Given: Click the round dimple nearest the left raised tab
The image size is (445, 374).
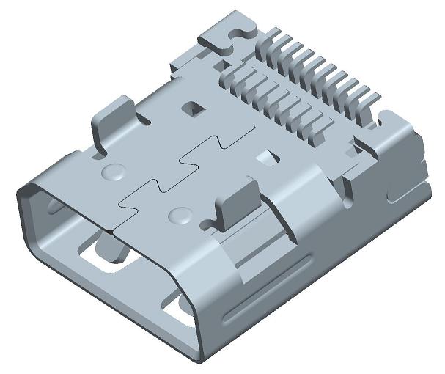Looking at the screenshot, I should pyautogui.click(x=112, y=172).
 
